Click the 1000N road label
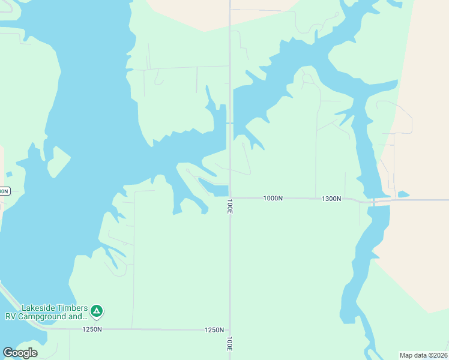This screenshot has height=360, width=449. click(x=273, y=198)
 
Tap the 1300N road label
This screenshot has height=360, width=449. click(x=331, y=199)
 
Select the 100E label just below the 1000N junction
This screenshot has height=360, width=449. click(x=230, y=207)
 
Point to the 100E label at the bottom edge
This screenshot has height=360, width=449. click(x=230, y=343)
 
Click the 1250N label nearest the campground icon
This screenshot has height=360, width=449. click(x=92, y=329)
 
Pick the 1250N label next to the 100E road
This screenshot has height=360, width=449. click(x=214, y=330)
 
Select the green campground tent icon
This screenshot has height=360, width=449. click(x=97, y=311)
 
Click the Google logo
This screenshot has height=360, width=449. click(x=20, y=353)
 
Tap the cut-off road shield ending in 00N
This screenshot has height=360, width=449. click(x=4, y=191)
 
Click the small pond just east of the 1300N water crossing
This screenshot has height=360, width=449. click(x=403, y=194)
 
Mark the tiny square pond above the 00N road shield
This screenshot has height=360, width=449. click(x=9, y=175)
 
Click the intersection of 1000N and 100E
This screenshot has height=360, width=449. click(x=230, y=197)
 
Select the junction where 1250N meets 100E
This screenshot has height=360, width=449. click(x=230, y=329)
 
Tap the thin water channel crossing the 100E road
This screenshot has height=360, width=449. click(x=230, y=123)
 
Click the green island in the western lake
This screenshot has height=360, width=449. click(x=58, y=161)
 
